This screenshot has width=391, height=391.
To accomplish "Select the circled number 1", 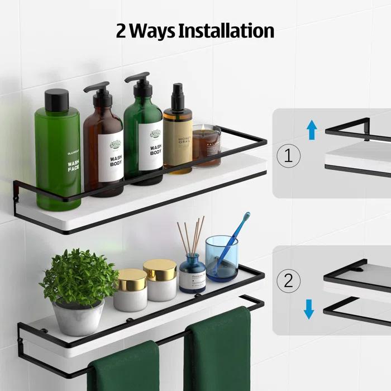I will [x=288, y=155].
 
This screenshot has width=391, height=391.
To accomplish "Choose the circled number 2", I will [x=288, y=281].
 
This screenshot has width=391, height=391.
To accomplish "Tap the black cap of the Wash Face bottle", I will [x=58, y=101].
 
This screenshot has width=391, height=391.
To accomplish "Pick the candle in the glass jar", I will [x=206, y=146].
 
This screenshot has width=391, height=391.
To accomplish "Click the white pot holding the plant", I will [x=79, y=317].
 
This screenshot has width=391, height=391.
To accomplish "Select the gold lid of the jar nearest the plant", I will [x=130, y=276].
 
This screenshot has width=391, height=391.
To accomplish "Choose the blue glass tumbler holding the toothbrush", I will [x=221, y=258].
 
